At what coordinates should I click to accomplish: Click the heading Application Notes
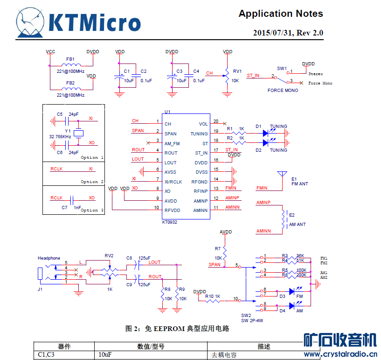281,14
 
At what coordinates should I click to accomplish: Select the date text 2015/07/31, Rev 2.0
288,33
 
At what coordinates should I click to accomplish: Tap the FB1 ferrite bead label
70,59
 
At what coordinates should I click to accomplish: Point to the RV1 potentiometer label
237,71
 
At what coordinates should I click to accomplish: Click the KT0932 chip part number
170,222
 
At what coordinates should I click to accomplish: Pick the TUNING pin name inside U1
199,134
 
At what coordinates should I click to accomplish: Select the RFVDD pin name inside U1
172,211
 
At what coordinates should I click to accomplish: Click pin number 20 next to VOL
216,121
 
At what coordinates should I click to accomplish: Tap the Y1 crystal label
68,131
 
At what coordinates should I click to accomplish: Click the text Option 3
92,210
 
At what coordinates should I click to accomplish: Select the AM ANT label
298,225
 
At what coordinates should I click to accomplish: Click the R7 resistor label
218,248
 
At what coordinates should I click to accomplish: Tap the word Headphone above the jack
49,258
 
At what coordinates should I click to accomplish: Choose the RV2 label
109,255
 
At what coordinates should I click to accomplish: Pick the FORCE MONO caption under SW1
283,90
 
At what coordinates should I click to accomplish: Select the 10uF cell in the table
105,355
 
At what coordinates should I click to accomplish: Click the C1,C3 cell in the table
47,355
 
